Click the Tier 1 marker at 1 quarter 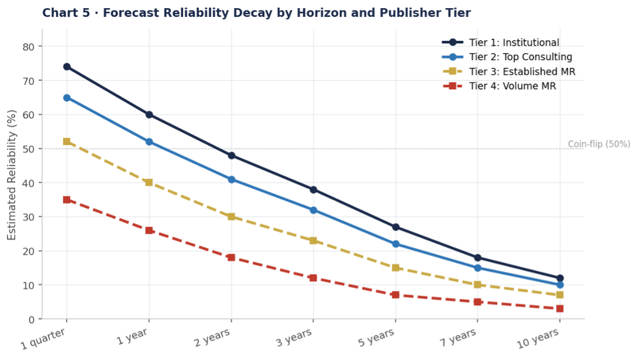click(67, 67)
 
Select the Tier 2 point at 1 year click(149, 141)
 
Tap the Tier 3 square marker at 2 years click(231, 217)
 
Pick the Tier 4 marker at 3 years click(313, 278)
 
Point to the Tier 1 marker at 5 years click(396, 227)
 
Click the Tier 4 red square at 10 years click(560, 309)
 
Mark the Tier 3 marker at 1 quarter click(67, 141)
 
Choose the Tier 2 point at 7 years click(478, 268)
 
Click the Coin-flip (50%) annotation click(599, 144)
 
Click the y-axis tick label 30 click(28, 217)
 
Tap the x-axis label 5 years click(377, 337)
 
